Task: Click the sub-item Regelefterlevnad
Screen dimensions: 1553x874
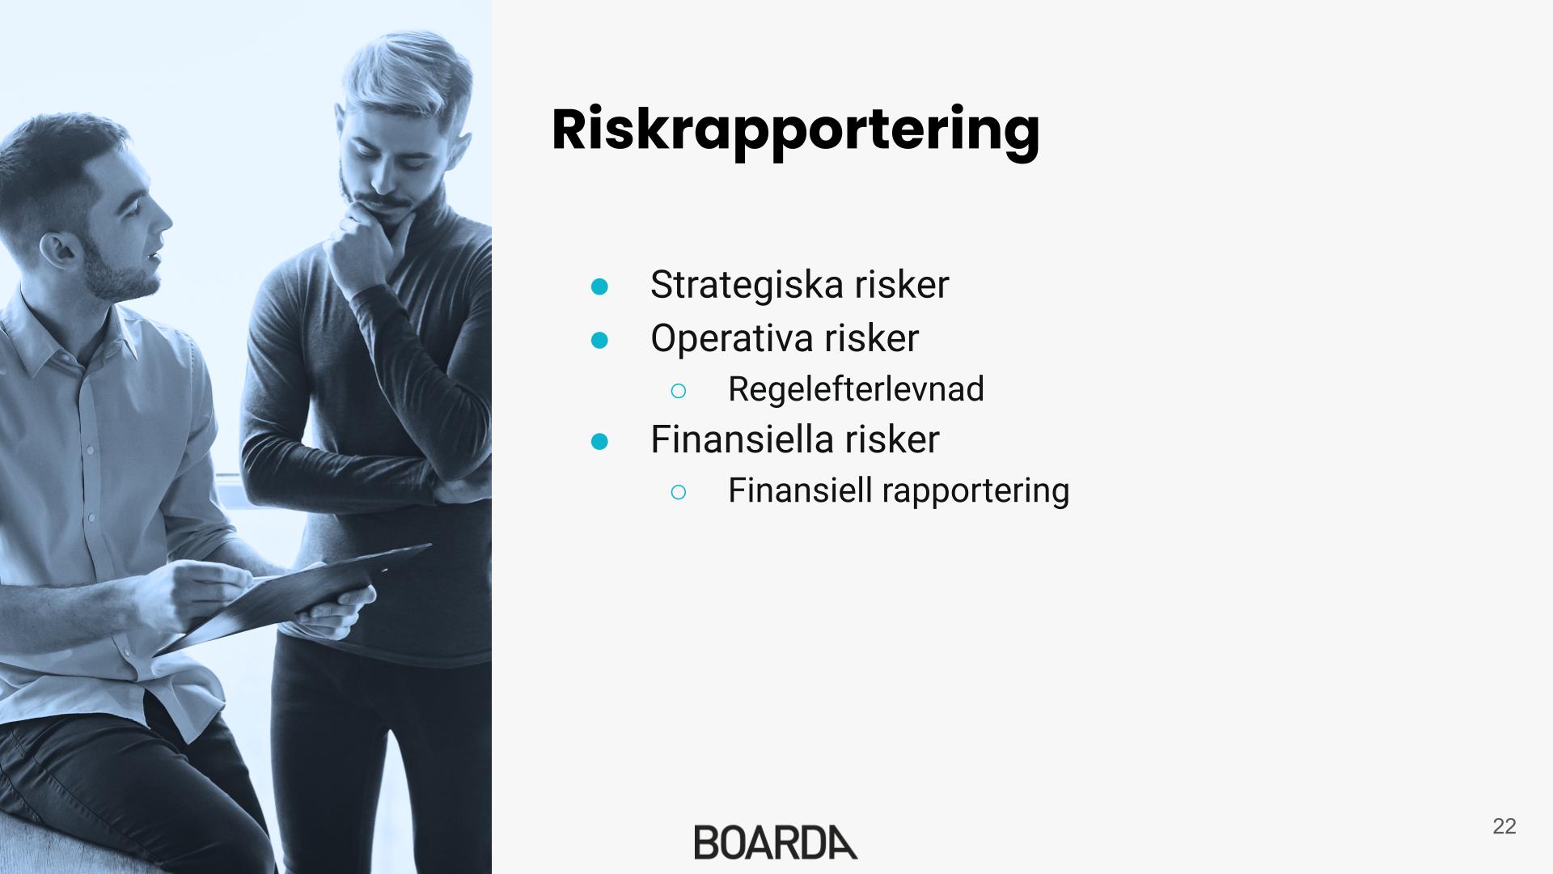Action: pyautogui.click(x=856, y=389)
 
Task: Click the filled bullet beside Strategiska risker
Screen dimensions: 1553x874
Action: pyautogui.click(x=599, y=286)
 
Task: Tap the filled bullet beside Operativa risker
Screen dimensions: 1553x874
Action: pyautogui.click(x=599, y=341)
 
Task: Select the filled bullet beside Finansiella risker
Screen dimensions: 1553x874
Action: pyautogui.click(x=599, y=441)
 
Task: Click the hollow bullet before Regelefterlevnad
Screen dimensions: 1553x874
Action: pyautogui.click(x=679, y=392)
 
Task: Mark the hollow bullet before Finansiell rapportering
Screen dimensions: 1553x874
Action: pyautogui.click(x=679, y=492)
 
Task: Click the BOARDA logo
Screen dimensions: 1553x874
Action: pyautogui.click(x=776, y=842)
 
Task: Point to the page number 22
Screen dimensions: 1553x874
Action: pyautogui.click(x=1504, y=826)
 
